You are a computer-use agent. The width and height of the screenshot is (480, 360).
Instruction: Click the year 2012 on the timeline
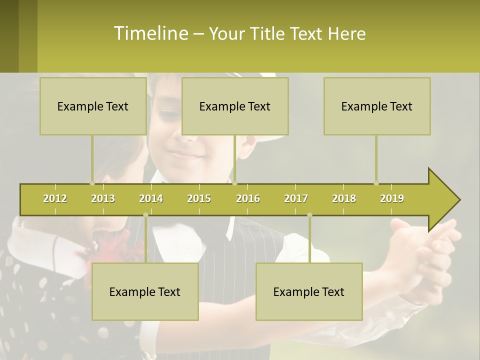(55, 198)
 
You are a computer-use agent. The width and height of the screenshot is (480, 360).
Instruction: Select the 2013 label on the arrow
(103, 198)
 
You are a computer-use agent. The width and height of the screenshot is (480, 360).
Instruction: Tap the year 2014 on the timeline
(151, 198)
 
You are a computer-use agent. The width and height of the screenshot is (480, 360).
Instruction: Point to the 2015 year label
(199, 198)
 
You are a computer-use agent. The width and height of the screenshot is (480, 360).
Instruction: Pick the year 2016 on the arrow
(248, 198)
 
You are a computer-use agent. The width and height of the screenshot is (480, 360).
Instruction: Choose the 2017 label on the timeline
(296, 198)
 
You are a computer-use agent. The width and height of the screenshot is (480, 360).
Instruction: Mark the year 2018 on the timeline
(344, 198)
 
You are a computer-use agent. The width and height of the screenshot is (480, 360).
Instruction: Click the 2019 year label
(392, 198)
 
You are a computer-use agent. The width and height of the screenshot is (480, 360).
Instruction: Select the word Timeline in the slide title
(150, 33)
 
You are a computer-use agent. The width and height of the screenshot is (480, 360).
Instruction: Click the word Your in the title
(225, 34)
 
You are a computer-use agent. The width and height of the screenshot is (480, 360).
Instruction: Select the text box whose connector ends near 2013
(93, 106)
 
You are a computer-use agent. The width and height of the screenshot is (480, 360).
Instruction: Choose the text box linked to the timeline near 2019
(377, 106)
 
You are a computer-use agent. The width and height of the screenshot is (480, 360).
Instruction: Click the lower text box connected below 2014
(145, 292)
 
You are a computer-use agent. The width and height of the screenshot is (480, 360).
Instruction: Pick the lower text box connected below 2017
(309, 292)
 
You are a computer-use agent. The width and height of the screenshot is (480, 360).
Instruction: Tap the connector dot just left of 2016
(235, 183)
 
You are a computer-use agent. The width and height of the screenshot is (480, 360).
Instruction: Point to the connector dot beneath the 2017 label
(309, 215)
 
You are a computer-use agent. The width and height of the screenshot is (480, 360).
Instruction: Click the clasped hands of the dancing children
(425, 245)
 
